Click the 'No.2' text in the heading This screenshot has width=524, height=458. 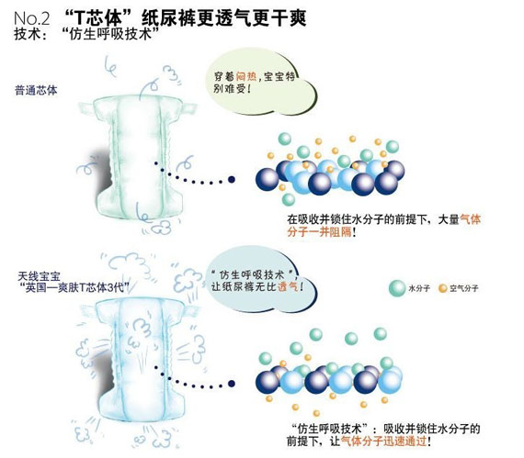(32, 18)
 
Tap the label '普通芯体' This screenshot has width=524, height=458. (36, 90)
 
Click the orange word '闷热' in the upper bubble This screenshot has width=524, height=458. (246, 76)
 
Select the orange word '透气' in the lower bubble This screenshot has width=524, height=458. (288, 286)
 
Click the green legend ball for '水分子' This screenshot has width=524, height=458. (397, 288)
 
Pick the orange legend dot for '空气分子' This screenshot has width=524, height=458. (443, 288)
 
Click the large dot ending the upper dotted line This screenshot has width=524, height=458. (232, 180)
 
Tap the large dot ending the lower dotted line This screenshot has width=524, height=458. (232, 384)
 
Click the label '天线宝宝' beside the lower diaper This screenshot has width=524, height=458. (40, 276)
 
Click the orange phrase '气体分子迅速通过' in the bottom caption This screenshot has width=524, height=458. (383, 441)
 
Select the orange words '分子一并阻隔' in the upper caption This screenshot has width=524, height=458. (319, 231)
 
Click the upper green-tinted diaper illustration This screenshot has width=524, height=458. (138, 157)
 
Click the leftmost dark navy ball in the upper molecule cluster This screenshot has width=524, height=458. (268, 179)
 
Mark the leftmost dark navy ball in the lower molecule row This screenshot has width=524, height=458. (268, 382)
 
